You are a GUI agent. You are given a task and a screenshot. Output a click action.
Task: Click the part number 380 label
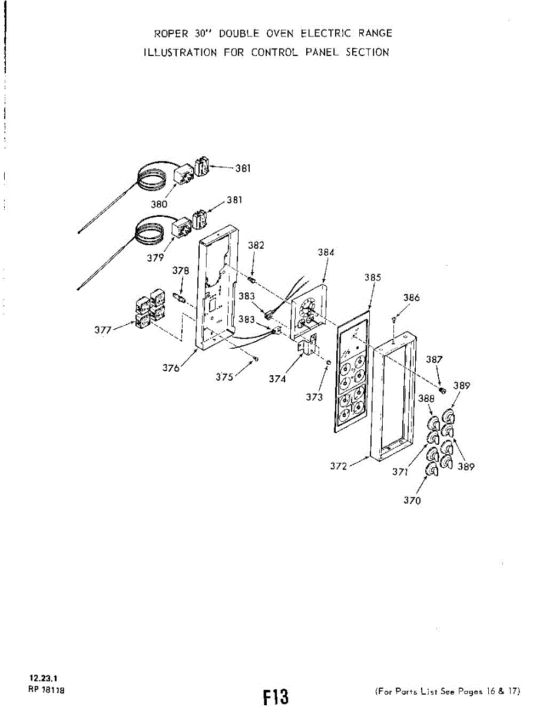click(x=159, y=204)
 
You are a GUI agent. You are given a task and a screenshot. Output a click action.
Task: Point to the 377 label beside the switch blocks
click(x=105, y=330)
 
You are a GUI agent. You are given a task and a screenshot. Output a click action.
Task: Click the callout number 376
click(x=171, y=368)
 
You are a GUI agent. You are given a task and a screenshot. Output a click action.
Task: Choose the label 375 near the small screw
click(x=224, y=378)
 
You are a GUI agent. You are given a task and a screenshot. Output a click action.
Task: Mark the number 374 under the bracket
click(x=277, y=379)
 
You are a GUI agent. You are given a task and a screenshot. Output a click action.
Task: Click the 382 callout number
click(x=256, y=245)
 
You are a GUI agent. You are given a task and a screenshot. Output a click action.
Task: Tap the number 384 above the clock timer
click(x=326, y=252)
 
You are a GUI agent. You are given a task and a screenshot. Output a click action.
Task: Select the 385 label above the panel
click(x=372, y=277)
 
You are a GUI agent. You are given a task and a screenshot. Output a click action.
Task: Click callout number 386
click(x=412, y=298)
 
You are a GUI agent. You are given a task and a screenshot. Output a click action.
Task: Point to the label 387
click(x=435, y=359)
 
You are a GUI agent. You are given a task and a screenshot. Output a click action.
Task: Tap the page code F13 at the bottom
click(x=276, y=696)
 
